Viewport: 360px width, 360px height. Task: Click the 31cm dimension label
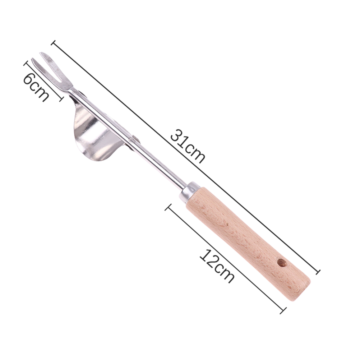point(187,146)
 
